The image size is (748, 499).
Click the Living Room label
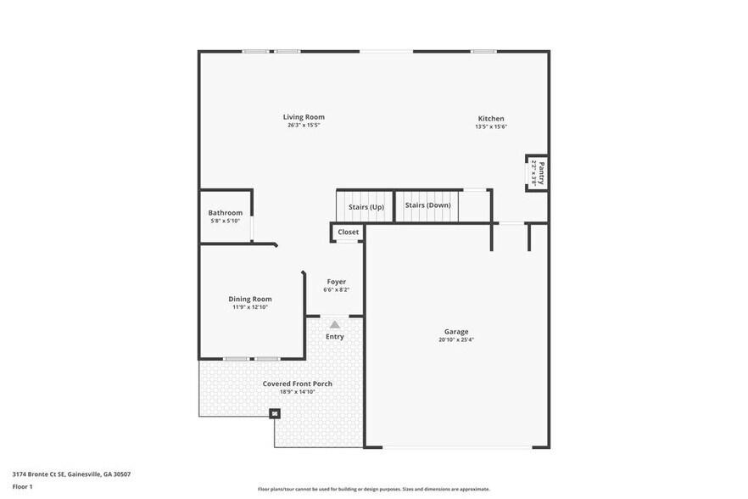point(304,117)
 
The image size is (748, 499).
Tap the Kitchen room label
point(490,119)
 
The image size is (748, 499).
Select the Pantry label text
point(540,173)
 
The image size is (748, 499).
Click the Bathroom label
point(226,213)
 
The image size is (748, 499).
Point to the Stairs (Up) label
point(366,206)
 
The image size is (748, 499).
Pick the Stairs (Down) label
point(427,205)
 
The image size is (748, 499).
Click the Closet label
point(348,232)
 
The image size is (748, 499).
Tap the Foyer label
point(336,282)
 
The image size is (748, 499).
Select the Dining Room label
point(250,299)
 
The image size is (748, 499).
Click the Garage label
point(456,332)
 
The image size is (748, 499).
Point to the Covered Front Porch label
point(297,384)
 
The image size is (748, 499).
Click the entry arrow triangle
point(335,324)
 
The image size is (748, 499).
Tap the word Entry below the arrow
point(335,337)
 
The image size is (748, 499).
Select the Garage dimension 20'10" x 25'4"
point(456,340)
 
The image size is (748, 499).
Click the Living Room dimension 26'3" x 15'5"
point(304,126)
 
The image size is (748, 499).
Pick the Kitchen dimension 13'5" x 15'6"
point(490,127)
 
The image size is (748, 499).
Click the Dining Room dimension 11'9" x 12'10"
point(250,307)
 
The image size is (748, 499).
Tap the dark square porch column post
point(274,414)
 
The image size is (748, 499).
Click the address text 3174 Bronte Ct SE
point(39,474)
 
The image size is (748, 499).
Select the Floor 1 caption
point(23,486)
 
